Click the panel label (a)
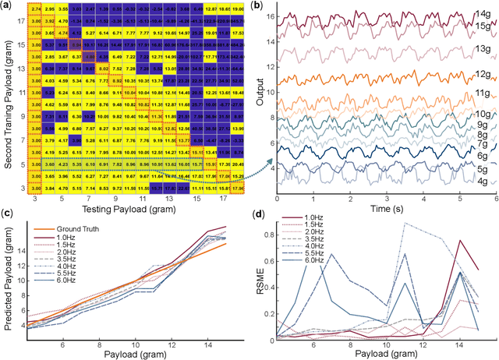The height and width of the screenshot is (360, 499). click(x=6, y=7)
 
